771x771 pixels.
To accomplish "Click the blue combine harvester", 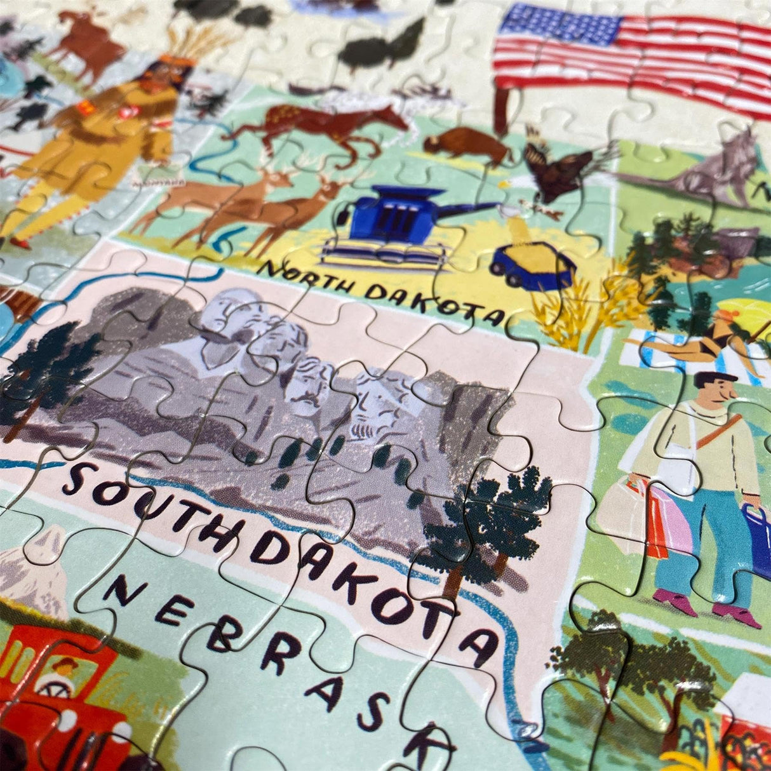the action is [387, 225].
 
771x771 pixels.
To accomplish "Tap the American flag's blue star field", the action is [559, 25].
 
